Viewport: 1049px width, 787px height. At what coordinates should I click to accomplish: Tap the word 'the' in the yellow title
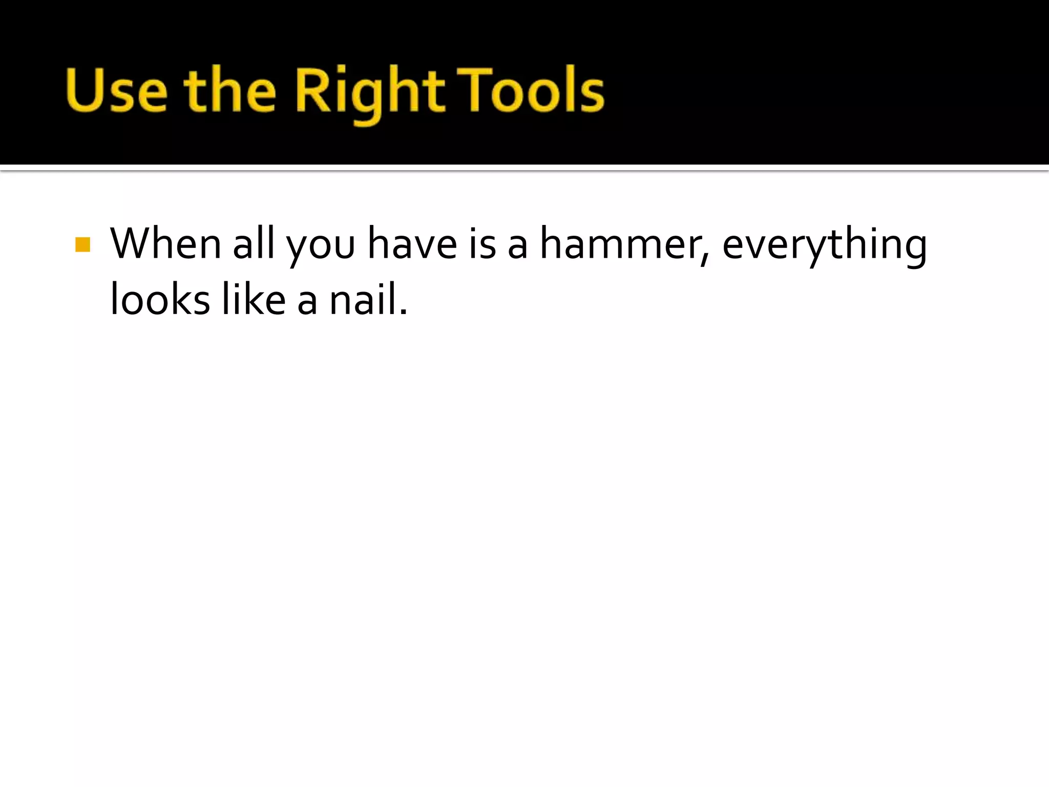[230, 90]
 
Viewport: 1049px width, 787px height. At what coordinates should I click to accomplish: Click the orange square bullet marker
[82, 244]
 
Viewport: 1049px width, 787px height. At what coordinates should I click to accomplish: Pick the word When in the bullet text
[165, 244]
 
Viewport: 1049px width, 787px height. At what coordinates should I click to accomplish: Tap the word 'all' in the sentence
[254, 244]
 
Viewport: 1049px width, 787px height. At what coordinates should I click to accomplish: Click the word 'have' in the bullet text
[412, 244]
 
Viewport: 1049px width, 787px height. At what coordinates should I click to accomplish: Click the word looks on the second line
[160, 299]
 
